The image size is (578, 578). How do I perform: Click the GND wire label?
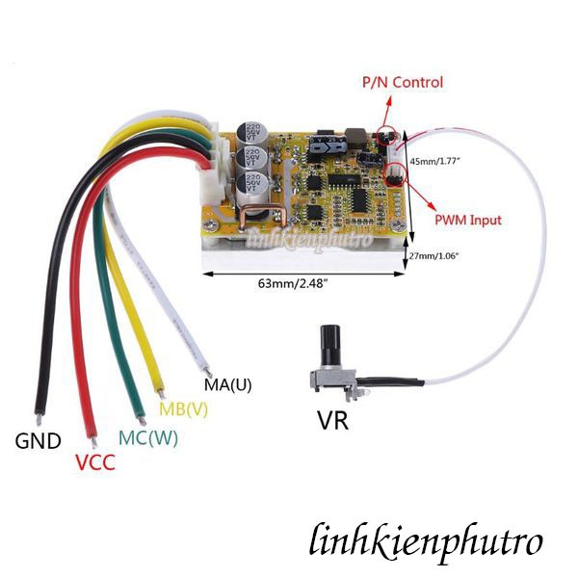(38, 442)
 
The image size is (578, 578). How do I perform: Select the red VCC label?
(94, 462)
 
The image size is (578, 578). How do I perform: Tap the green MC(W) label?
(147, 437)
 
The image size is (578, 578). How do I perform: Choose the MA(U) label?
(227, 385)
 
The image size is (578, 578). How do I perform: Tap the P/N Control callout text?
(402, 82)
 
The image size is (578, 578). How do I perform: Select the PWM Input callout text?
(467, 220)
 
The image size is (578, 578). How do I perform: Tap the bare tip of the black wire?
(37, 417)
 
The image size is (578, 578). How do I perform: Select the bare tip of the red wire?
(92, 439)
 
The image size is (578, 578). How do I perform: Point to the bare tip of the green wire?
(140, 416)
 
